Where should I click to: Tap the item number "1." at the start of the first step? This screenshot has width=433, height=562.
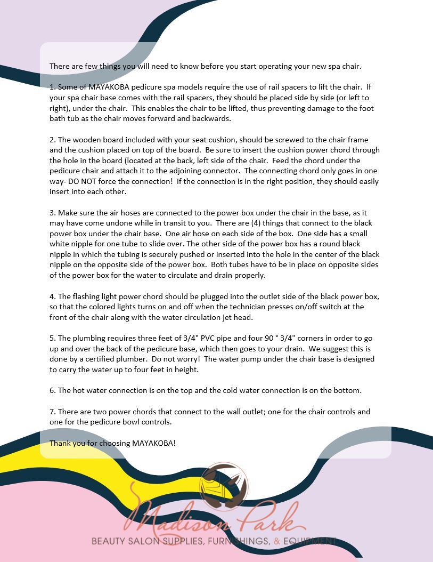click(x=53, y=87)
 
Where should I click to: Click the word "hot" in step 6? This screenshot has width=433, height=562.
click(x=78, y=390)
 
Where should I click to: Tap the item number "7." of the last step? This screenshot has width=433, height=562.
click(x=53, y=412)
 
